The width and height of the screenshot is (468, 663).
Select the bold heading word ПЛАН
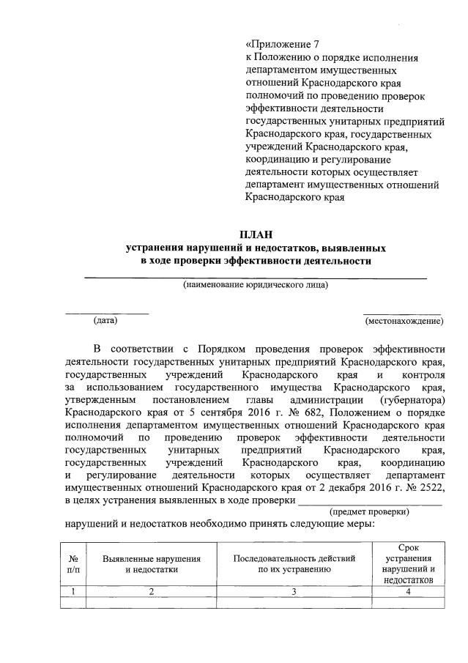(255, 234)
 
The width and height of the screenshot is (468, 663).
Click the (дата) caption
(105, 320)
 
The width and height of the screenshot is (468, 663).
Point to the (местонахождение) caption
(404, 321)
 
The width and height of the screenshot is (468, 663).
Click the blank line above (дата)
(107, 313)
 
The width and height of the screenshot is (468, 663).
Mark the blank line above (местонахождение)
(404, 313)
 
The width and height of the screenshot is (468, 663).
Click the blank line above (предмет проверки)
(370, 503)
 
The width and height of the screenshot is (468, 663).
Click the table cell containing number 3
(294, 591)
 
